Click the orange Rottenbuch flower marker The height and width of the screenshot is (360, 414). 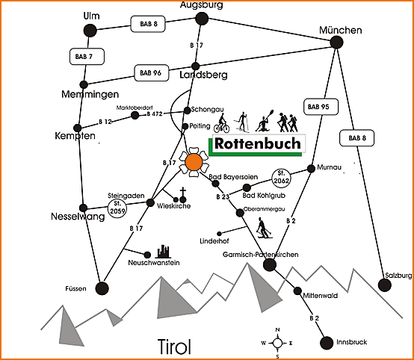194,162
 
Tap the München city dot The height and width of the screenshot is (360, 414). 336,43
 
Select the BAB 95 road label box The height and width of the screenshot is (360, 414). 321,107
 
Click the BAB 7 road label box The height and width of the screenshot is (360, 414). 87,57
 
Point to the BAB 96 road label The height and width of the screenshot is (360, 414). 151,73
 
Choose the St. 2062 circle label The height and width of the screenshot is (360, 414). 281,178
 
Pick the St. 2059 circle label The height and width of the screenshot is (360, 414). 117,209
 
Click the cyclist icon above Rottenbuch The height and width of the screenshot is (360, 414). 222,123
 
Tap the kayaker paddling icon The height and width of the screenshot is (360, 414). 265,121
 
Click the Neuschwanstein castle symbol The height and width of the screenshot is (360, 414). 163,252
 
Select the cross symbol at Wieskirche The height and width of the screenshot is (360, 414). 183,194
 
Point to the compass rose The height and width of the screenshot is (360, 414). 277,343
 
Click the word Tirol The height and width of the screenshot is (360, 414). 174,347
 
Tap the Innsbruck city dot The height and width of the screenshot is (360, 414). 327,343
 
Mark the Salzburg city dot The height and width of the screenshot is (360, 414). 384,285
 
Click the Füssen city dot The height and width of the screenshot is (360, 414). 102,288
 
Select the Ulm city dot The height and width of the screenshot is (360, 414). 90,31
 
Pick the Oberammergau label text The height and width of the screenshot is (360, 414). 265,209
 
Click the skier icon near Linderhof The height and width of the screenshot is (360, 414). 263,228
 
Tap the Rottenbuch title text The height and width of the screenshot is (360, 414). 258,143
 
